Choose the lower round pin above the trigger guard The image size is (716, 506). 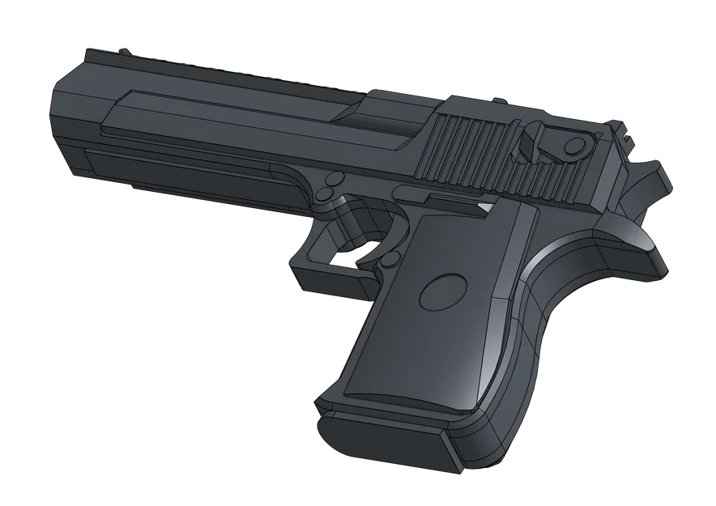click(x=323, y=194)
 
